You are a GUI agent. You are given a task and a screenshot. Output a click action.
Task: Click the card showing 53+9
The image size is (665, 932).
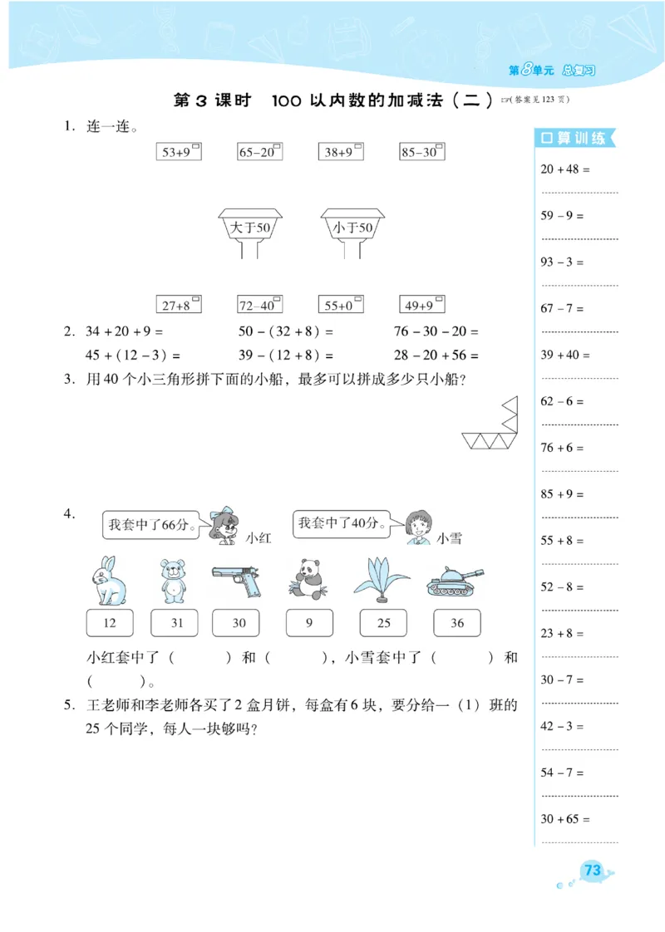(179, 152)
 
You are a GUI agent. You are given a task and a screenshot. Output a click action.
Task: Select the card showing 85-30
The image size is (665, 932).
(421, 152)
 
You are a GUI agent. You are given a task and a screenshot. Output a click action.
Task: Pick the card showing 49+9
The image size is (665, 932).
(421, 305)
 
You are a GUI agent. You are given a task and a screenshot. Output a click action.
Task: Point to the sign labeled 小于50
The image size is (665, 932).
(353, 227)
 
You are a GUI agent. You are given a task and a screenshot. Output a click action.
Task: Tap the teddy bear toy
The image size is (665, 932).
(171, 581)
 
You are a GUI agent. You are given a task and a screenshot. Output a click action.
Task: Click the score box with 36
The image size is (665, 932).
(456, 623)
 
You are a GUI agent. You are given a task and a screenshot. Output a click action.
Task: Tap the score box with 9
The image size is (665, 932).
(309, 623)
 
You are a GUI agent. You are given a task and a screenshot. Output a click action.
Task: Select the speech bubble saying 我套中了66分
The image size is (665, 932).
(151, 525)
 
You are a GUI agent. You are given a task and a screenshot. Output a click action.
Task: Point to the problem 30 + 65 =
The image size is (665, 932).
(565, 819)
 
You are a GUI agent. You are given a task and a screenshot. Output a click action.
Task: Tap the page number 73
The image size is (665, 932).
(592, 871)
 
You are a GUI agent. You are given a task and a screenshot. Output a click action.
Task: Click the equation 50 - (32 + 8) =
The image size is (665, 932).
(285, 331)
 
